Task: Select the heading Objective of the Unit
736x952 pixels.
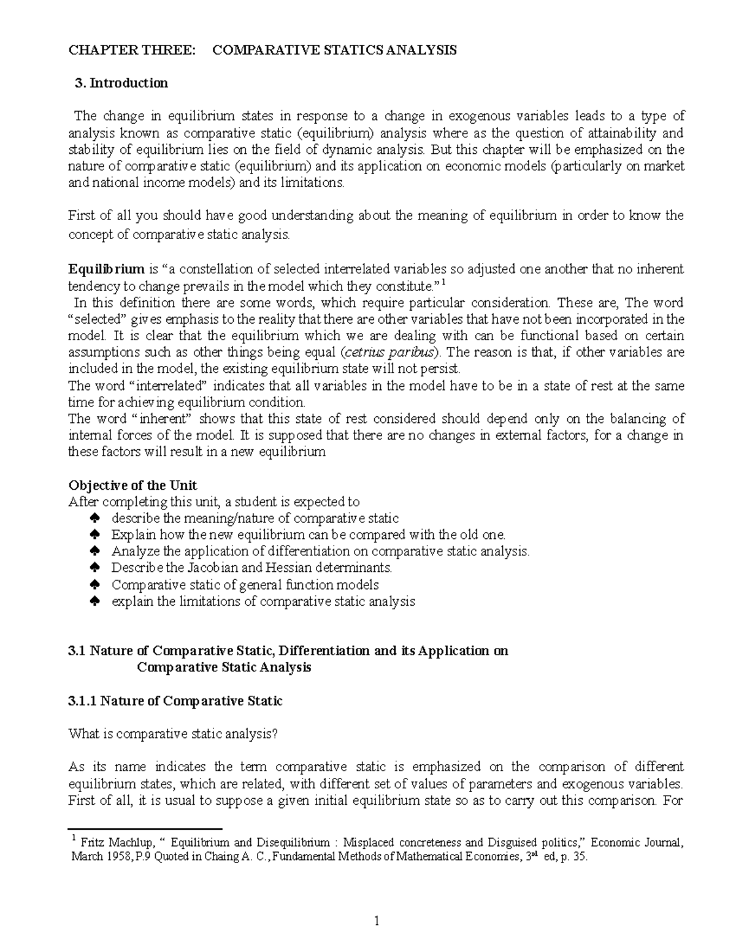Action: click(132, 486)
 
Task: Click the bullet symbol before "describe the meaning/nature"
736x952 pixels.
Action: click(94, 519)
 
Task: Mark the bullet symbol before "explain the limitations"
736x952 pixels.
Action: click(94, 602)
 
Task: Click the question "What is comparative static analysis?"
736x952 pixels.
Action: click(173, 734)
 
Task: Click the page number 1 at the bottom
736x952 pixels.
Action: click(378, 922)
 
